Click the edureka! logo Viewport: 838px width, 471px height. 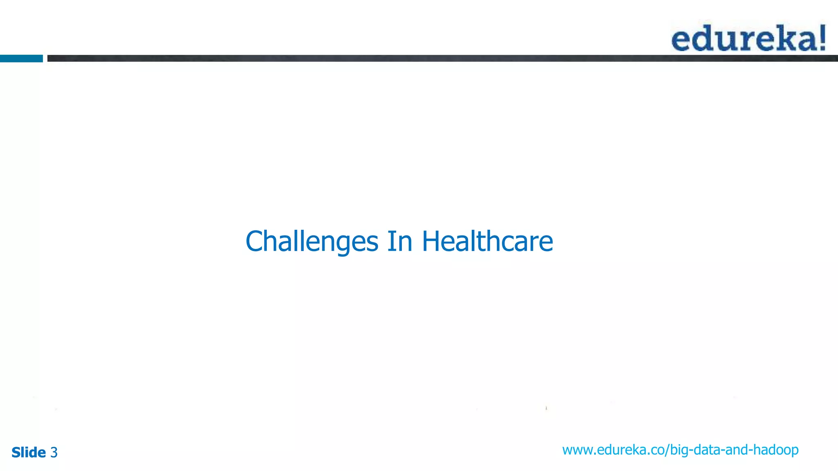tap(748, 38)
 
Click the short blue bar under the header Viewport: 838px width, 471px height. tap(21, 58)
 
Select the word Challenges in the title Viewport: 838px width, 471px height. tap(312, 242)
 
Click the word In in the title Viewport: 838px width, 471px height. tap(399, 241)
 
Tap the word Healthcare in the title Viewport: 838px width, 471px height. tap(487, 241)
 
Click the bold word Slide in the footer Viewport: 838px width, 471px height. tap(29, 453)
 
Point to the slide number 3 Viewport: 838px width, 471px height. tap(54, 453)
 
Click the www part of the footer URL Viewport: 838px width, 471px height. tap(577, 450)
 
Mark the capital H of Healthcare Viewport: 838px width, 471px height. tap(430, 241)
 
